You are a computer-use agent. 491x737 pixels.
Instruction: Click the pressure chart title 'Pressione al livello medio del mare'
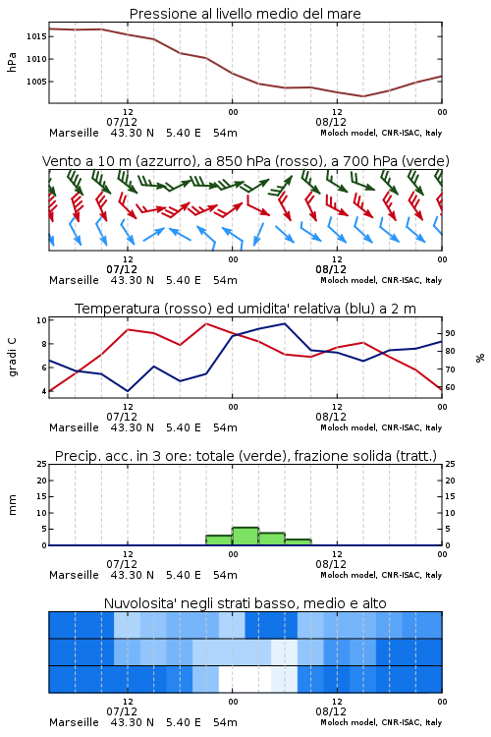pyautogui.click(x=245, y=14)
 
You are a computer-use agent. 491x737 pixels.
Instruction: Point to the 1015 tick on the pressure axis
pyautogui.click(x=35, y=36)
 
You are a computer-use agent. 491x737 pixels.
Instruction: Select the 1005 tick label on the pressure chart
pyautogui.click(x=35, y=82)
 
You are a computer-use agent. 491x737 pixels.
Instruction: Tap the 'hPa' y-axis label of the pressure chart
pyautogui.click(x=12, y=62)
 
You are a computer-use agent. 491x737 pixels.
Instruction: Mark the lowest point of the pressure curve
pyautogui.click(x=362, y=96)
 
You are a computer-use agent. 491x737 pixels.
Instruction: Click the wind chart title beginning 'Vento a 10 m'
pyautogui.click(x=245, y=161)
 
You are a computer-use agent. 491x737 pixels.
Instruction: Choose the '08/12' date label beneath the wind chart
pyautogui.click(x=331, y=269)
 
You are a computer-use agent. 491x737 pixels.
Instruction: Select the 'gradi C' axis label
pyautogui.click(x=12, y=357)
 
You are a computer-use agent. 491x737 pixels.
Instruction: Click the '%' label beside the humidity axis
pyautogui.click(x=480, y=358)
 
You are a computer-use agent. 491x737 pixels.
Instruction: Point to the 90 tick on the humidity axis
pyautogui.click(x=450, y=333)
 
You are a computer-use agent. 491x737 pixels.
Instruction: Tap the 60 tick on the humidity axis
pyautogui.click(x=450, y=388)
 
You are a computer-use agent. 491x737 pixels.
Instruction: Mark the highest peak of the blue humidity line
pyautogui.click(x=284, y=323)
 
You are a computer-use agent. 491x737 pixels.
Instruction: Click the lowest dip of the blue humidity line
pyautogui.click(x=128, y=391)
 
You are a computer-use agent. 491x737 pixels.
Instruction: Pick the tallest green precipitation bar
pyautogui.click(x=245, y=537)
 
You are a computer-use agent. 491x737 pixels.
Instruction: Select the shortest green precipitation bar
pyautogui.click(x=298, y=542)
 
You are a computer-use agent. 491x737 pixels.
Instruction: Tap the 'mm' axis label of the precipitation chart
pyautogui.click(x=12, y=505)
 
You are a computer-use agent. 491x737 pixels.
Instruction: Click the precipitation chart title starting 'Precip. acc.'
pyautogui.click(x=245, y=456)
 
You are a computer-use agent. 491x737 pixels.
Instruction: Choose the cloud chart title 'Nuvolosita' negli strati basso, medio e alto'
pyautogui.click(x=245, y=603)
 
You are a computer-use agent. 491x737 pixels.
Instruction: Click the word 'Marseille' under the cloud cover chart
pyautogui.click(x=74, y=722)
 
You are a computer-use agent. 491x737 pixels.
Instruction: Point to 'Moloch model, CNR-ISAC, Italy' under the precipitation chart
pyautogui.click(x=381, y=575)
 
